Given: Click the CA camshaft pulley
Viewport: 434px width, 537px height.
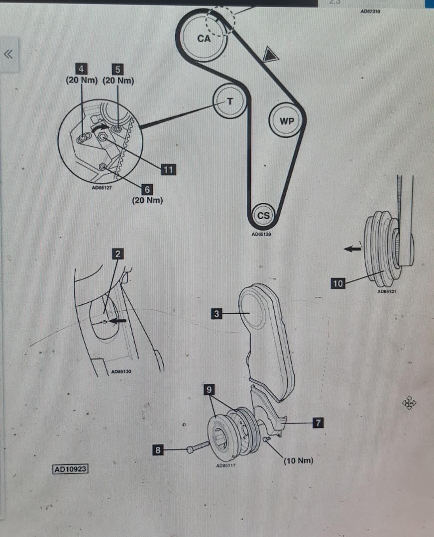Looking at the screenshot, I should [x=204, y=38].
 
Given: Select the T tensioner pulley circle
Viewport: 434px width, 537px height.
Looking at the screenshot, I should [x=229, y=101].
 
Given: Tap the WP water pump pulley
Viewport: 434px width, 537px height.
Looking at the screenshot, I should [x=287, y=120].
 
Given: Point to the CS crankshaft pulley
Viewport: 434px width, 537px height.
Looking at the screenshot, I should [x=263, y=215].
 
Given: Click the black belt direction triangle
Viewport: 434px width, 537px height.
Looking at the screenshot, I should [x=270, y=54].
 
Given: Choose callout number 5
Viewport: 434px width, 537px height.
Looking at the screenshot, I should [x=118, y=69].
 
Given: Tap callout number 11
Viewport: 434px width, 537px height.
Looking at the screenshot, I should [x=168, y=170].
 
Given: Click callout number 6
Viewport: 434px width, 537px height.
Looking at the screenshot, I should [x=147, y=189].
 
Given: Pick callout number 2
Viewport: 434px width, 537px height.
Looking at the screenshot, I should [x=117, y=254].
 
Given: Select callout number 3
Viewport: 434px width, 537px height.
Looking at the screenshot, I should [x=217, y=314].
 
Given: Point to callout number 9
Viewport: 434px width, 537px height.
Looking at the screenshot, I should [x=210, y=390].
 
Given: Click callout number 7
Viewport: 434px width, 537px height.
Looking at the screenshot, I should [x=318, y=423].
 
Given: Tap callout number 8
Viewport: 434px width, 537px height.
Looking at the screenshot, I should [x=158, y=450].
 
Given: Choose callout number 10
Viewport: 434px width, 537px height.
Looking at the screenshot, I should [x=338, y=283].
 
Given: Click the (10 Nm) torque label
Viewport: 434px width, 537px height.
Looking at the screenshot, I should [x=298, y=460].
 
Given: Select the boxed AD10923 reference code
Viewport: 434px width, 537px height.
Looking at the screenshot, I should [x=71, y=469].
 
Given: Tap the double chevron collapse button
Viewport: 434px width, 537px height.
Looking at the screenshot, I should [x=8, y=54].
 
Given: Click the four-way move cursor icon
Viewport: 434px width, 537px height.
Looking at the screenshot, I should [x=409, y=403].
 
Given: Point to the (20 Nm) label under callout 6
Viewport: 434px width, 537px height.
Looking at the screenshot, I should [x=147, y=200].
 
